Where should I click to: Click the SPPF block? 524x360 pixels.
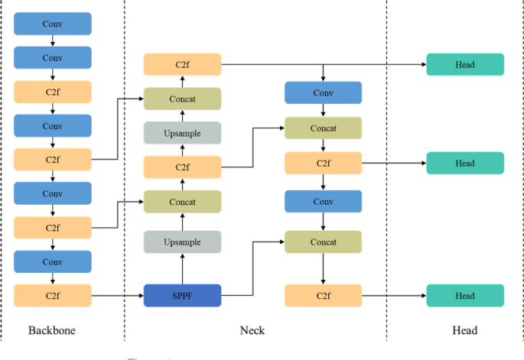[182, 295]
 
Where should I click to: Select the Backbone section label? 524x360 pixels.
[52, 330]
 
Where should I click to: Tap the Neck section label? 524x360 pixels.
[252, 330]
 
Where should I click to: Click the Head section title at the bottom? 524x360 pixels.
[464, 330]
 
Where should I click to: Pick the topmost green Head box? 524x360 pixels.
[464, 65]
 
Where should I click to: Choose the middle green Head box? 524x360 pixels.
[464, 163]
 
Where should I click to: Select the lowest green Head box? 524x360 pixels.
[464, 295]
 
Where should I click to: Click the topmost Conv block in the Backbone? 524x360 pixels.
[53, 24]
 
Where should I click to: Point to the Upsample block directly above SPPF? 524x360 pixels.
[182, 242]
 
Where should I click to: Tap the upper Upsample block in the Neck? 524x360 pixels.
[182, 133]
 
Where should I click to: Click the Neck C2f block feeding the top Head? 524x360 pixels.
[182, 65]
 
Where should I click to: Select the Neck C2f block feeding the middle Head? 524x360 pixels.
[323, 163]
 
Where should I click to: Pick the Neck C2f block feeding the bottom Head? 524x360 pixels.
[323, 295]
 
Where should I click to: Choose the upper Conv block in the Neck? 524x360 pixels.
[323, 92]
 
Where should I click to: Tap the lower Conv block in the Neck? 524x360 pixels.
[323, 202]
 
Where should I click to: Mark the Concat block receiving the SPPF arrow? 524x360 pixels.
[323, 242]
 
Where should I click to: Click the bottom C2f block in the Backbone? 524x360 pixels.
[53, 295]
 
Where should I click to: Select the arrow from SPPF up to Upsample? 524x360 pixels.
[182, 268]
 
